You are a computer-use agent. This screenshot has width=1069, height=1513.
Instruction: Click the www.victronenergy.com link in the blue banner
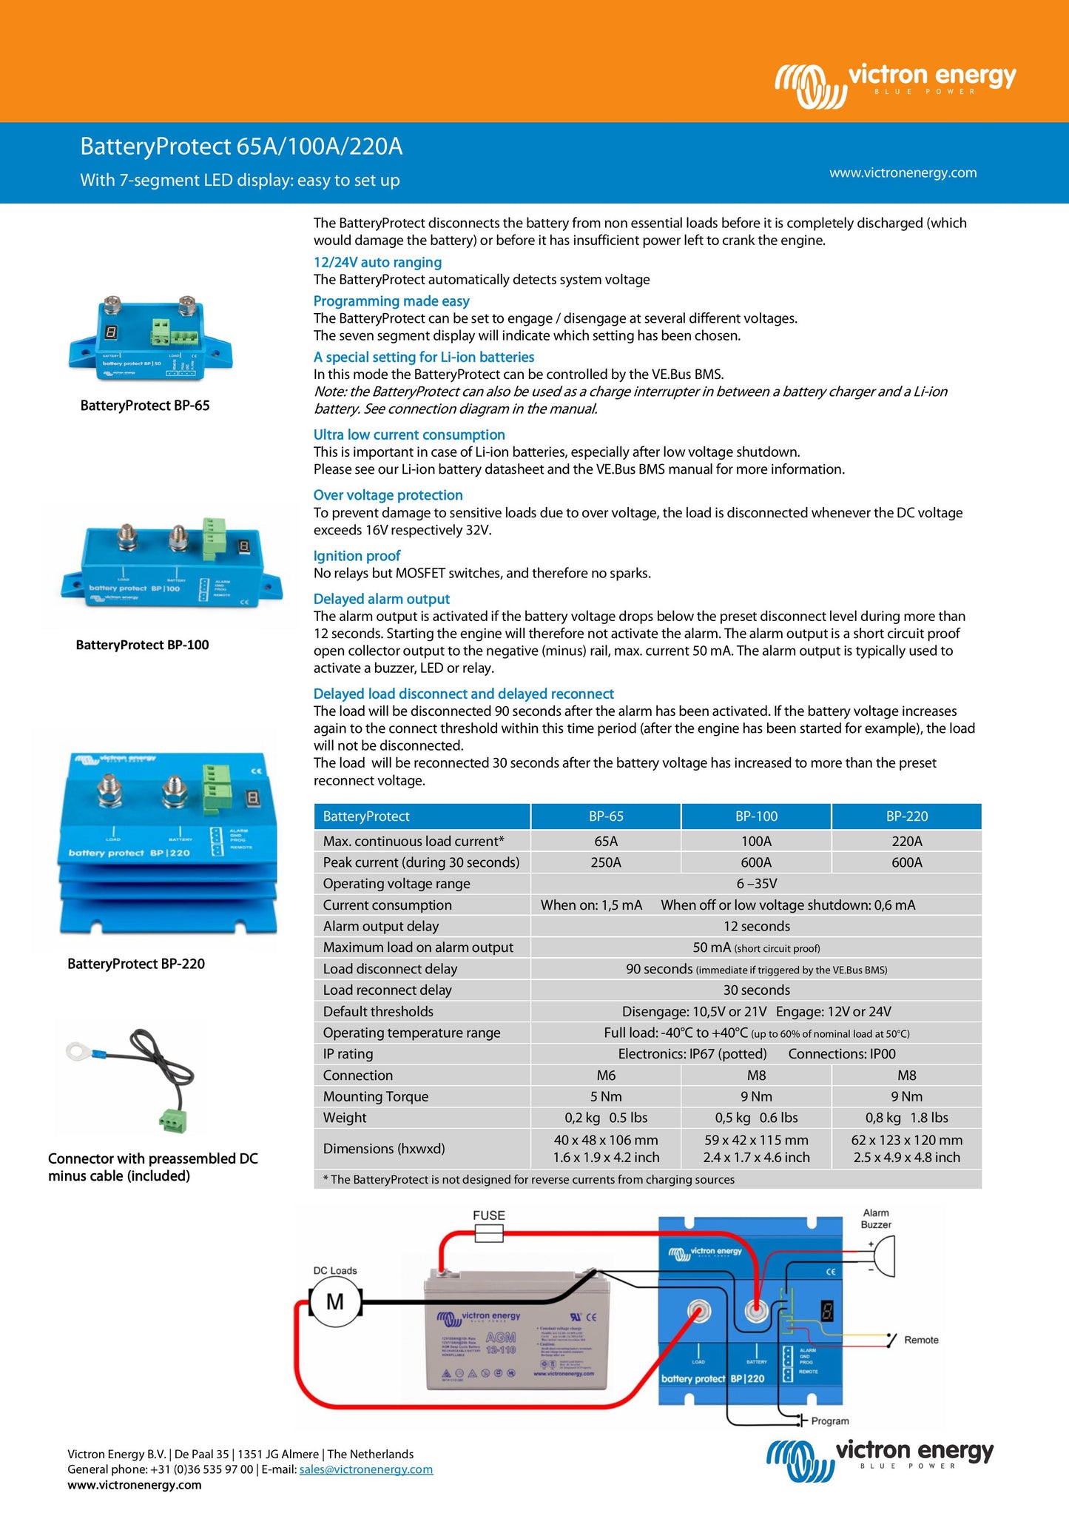903,172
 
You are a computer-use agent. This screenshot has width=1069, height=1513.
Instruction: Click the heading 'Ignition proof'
357,556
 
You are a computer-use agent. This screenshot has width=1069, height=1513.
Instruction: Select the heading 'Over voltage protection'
388,495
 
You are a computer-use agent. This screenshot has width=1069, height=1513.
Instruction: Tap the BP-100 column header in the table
756,816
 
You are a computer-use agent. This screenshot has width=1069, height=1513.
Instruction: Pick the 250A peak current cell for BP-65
606,862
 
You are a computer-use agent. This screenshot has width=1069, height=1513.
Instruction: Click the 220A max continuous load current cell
906,841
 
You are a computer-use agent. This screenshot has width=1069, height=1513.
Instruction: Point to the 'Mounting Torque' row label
375,1096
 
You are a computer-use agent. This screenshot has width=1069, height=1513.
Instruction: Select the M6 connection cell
606,1075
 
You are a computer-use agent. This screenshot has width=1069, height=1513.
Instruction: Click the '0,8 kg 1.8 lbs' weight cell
906,1118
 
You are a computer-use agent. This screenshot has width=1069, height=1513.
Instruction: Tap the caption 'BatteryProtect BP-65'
145,406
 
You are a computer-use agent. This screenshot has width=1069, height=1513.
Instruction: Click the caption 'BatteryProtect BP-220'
136,964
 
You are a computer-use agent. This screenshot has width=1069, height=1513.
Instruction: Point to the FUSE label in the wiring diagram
489,1215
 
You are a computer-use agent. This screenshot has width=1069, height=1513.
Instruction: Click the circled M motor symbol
335,1301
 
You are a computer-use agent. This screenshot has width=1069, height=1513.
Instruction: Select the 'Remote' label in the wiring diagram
921,1340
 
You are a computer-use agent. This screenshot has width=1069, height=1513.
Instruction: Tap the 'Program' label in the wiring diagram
830,1420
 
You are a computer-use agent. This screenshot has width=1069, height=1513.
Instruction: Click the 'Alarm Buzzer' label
876,1218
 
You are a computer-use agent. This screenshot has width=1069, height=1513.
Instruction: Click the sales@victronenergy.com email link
365,1469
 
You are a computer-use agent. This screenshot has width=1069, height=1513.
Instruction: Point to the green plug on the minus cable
172,1122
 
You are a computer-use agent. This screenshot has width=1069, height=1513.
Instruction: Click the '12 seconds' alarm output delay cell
756,926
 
